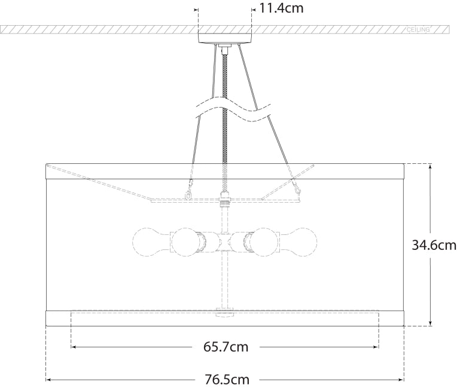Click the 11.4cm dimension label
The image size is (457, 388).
(281, 8)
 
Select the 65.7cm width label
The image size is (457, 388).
(226, 347)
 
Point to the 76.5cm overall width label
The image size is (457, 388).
(226, 380)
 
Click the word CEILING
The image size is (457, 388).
(419, 29)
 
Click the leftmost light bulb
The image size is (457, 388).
(149, 242)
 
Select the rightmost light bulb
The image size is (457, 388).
(300, 242)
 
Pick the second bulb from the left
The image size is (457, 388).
(186, 242)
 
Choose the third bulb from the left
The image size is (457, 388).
(263, 242)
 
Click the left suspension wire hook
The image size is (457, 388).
(190, 193)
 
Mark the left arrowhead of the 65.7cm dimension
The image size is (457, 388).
(74, 347)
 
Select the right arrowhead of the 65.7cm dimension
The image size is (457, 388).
(376, 347)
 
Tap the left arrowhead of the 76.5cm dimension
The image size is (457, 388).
(49, 380)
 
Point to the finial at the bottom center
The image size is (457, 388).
(225, 313)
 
